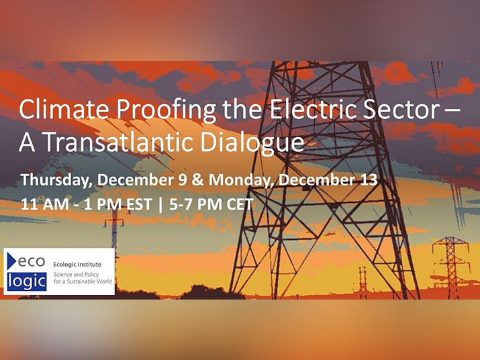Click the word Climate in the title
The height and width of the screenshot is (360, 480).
64,109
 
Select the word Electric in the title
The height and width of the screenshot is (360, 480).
313,109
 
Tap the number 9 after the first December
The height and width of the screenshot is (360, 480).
183,180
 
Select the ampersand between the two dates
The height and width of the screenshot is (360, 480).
198,180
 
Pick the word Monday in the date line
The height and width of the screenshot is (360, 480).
241,180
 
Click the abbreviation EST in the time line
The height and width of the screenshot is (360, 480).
139,204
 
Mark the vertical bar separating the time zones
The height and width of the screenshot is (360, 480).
160,205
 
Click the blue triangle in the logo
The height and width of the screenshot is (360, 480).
11,261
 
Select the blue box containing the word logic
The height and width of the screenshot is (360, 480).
27,281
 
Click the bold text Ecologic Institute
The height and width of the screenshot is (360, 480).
77,265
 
